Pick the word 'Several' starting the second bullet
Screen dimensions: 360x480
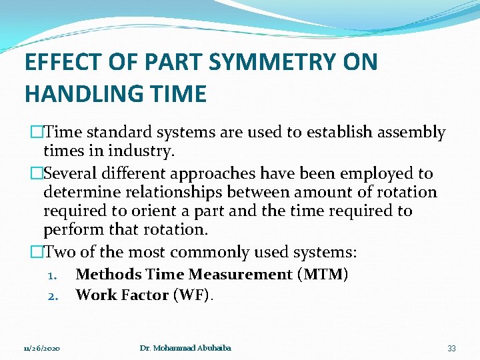pos(71,174)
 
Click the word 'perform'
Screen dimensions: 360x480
pos(73,230)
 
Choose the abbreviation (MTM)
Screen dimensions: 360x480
pos(323,274)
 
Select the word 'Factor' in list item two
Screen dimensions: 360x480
pos(142,295)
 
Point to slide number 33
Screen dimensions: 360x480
pos(451,349)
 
